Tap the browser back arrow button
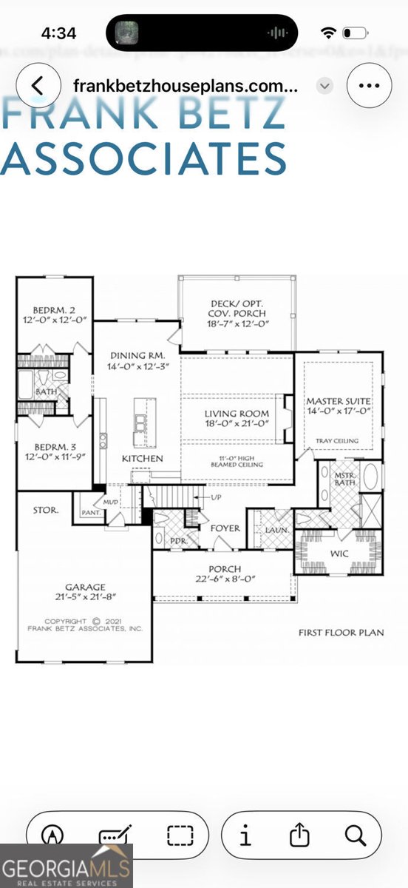click(x=38, y=85)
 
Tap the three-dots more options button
click(x=368, y=85)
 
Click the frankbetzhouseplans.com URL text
click(x=186, y=85)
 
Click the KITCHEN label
click(x=143, y=459)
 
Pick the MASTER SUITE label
click(x=339, y=400)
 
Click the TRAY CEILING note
click(x=338, y=441)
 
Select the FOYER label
click(x=225, y=528)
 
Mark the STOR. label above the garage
click(x=46, y=511)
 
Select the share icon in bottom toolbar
click(x=299, y=836)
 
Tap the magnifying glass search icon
click(x=356, y=836)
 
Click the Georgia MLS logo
click(x=67, y=865)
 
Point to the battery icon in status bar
click(x=356, y=33)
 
